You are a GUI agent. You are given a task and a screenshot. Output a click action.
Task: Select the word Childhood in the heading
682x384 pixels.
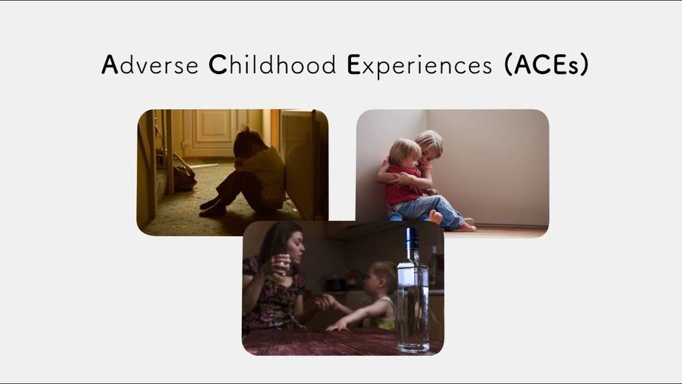pos(273,65)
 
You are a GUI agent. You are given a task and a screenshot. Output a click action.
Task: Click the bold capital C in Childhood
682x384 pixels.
pos(217,65)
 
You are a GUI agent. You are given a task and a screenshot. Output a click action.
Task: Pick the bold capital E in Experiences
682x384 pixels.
pos(352,65)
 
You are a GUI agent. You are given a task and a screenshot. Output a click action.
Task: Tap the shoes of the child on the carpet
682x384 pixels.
pos(211,208)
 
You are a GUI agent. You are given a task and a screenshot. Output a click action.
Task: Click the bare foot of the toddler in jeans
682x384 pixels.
pos(435,217)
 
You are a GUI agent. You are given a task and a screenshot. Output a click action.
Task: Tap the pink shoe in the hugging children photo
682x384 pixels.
pos(467,225)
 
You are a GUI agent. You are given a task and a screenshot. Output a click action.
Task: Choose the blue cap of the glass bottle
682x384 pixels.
pos(412,237)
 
